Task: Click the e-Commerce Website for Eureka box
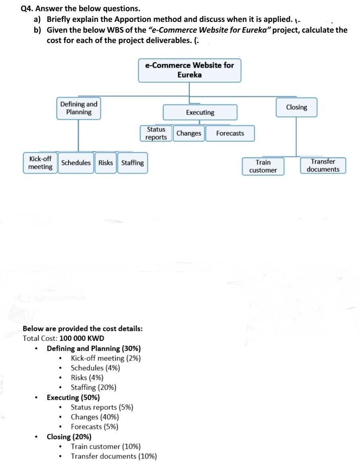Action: click(190, 70)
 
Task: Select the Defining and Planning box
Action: click(78, 108)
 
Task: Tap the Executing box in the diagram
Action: click(200, 113)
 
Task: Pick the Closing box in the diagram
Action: click(297, 108)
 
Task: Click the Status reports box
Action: click(156, 133)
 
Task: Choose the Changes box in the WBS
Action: click(189, 133)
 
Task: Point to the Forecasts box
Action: click(230, 133)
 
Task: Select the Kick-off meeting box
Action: click(40, 163)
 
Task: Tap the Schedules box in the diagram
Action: click(76, 163)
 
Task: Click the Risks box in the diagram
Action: click(106, 163)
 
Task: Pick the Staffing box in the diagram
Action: click(132, 163)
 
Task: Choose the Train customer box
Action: click(263, 166)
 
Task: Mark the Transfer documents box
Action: click(323, 166)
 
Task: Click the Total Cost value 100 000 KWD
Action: click(82, 339)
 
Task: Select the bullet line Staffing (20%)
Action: click(93, 388)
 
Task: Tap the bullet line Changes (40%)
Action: click(94, 417)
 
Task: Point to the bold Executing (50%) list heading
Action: click(73, 397)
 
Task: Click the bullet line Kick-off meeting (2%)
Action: click(106, 358)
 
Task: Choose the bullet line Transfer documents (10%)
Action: click(113, 456)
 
